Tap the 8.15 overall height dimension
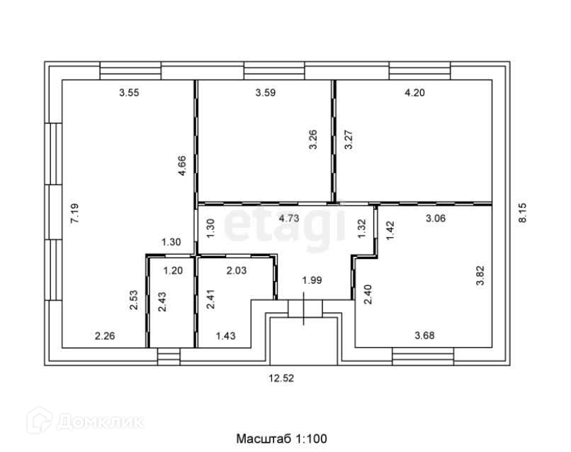click(524, 214)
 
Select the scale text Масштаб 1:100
click(281, 439)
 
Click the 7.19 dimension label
click(74, 214)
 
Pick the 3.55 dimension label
click(129, 92)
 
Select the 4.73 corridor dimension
click(289, 219)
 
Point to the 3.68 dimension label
click(426, 334)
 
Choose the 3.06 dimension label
click(435, 219)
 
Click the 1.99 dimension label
click(312, 280)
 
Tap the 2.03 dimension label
click(237, 270)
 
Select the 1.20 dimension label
click(174, 270)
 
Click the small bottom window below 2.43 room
click(169, 355)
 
